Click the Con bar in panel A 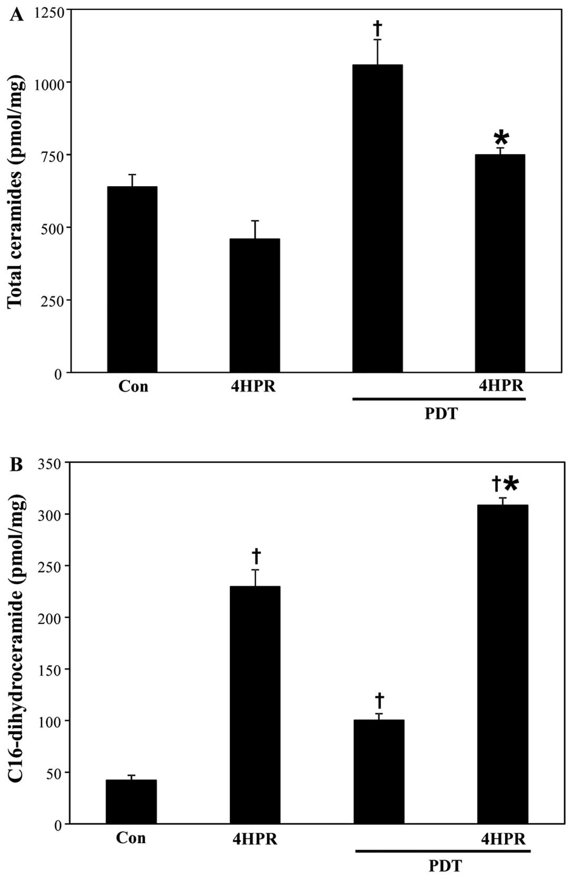pyautogui.click(x=132, y=279)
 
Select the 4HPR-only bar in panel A pyautogui.click(x=255, y=305)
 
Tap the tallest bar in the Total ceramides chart pyautogui.click(x=377, y=218)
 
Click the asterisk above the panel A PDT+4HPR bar pyautogui.click(x=501, y=138)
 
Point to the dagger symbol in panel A pyautogui.click(x=377, y=27)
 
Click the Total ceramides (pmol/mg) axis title pyautogui.click(x=15, y=192)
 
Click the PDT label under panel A pyautogui.click(x=441, y=414)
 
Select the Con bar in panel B pyautogui.click(x=131, y=801)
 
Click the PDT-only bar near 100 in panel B pyautogui.click(x=379, y=771)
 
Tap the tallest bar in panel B pyautogui.click(x=503, y=664)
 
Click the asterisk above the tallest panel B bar pyautogui.click(x=511, y=484)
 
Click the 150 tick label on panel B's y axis pyautogui.click(x=52, y=670)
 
